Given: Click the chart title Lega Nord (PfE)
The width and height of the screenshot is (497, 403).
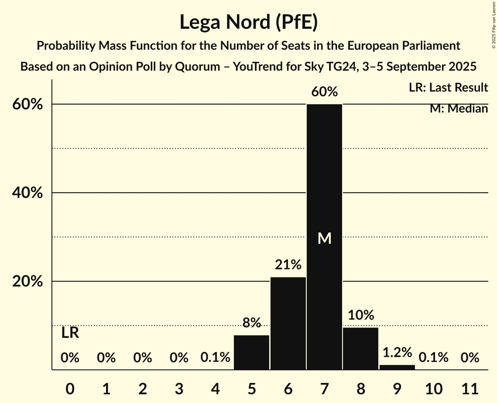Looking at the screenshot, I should coord(248,22).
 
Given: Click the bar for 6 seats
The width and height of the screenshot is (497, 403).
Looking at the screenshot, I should coord(288,323).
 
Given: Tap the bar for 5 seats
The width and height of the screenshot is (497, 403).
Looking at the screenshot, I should coord(252,352).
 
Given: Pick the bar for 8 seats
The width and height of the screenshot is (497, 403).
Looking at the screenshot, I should coord(360,348).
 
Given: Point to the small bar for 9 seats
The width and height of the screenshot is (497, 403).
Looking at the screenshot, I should coord(397,367).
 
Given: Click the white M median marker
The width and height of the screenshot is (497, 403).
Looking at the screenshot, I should coord(324,238).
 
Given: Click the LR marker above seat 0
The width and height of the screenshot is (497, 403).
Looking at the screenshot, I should coord(70,333).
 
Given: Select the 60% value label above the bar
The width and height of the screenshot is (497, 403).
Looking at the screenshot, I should coord(324,92).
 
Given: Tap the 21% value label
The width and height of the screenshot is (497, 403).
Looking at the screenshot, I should coord(288,265).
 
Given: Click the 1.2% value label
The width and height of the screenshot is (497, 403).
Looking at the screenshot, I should coord(397,352).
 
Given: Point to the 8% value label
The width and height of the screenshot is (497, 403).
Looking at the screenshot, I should coord(252,323).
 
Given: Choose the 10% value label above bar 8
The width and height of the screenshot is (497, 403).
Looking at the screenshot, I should coord(360,315).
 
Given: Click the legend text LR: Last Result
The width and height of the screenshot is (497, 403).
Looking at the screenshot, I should coord(448,88).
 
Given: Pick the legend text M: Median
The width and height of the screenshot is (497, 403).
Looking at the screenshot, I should coord(459,109).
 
